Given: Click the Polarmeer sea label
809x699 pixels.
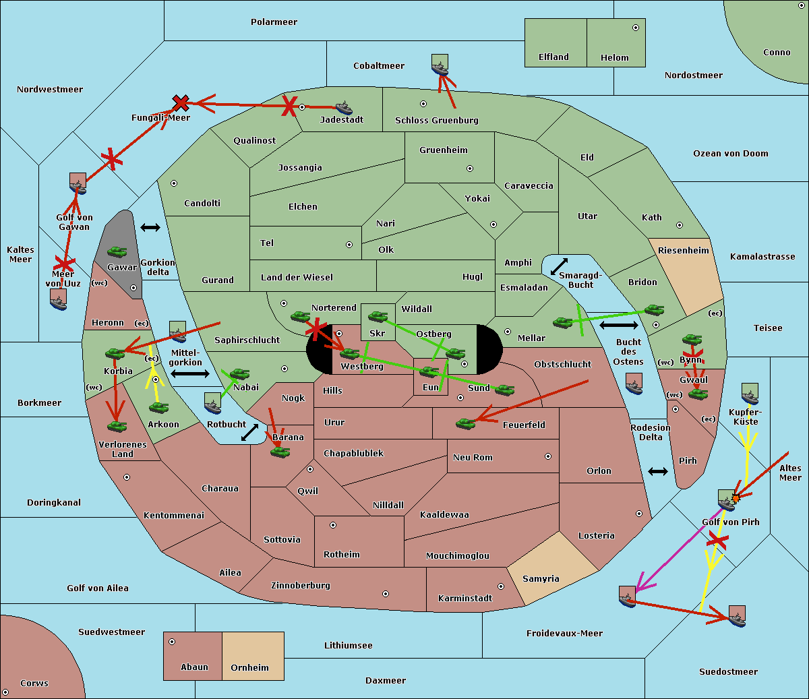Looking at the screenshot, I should (274, 22).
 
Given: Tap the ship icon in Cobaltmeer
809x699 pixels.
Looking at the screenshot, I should (440, 65).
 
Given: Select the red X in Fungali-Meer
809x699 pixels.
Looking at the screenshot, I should (181, 103).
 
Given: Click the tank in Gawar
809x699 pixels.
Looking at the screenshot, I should (117, 252).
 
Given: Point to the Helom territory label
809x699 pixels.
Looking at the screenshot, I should (614, 58).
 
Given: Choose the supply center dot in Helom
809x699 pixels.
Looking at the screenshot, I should (635, 28).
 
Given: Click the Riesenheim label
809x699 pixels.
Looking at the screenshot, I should (683, 251).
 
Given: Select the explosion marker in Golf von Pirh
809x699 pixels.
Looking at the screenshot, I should (736, 498).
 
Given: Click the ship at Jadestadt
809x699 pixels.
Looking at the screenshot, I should (344, 109).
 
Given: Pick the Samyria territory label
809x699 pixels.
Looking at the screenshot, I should (541, 579).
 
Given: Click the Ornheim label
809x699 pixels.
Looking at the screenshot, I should (249, 668).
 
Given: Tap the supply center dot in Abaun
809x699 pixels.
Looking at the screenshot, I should (172, 642).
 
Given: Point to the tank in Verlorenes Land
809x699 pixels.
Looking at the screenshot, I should (117, 427).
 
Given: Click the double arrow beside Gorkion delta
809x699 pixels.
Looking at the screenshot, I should (150, 228).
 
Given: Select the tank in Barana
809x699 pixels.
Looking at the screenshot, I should (280, 452).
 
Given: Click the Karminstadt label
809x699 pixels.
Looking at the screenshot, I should (465, 599).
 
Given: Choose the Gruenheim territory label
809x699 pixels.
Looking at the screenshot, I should (443, 150).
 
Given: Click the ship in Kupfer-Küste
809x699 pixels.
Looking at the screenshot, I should (750, 393).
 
